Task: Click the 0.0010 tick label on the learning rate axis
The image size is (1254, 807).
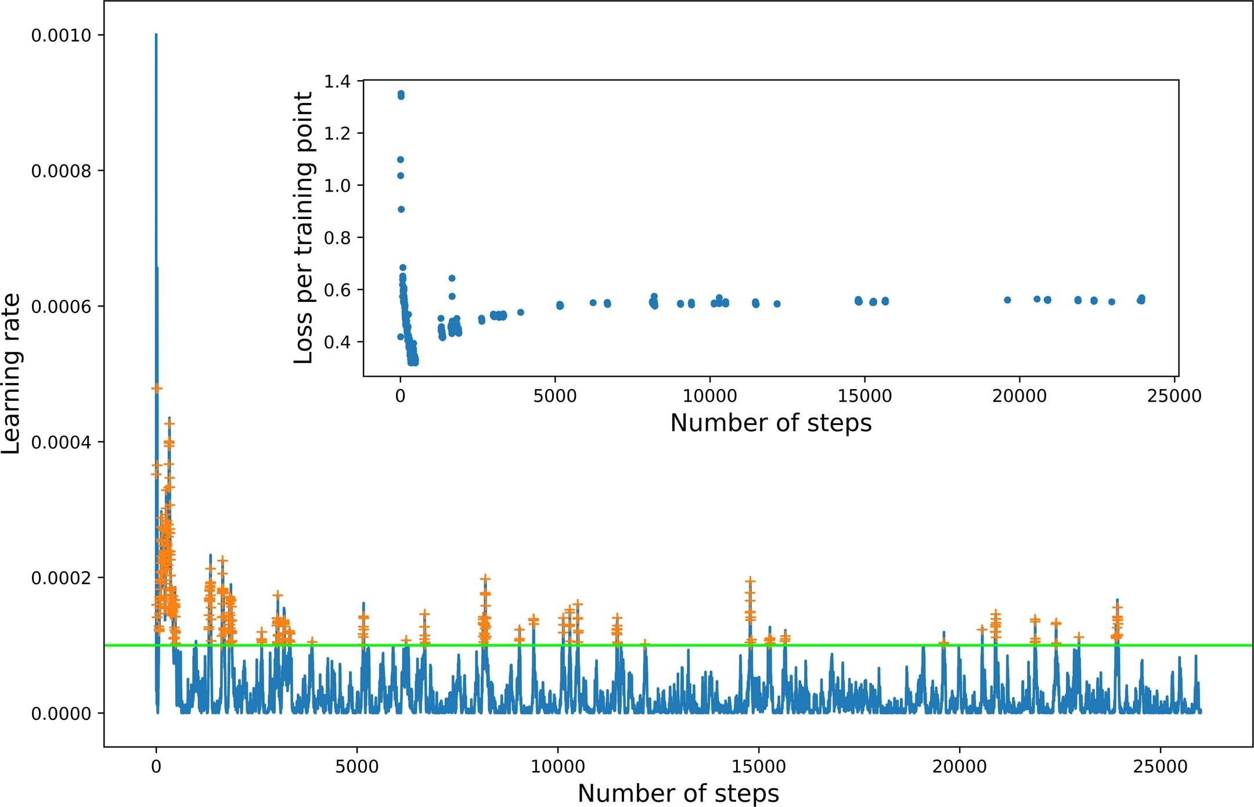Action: click(61, 35)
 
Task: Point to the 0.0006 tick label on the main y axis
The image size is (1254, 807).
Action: click(61, 307)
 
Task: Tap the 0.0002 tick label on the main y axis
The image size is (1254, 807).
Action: click(61, 578)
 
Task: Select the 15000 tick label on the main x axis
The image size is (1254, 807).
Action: click(758, 766)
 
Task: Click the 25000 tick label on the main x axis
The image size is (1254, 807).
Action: click(1160, 766)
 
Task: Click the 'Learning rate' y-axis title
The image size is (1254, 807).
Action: click(12, 373)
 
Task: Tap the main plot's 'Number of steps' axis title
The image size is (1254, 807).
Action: click(678, 793)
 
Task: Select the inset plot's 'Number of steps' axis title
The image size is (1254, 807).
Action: click(770, 423)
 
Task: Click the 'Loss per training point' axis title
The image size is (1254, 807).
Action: click(304, 228)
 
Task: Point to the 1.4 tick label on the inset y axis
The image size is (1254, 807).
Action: click(337, 81)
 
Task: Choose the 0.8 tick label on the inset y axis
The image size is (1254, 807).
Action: click(337, 237)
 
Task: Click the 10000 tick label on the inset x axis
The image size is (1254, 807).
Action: click(709, 396)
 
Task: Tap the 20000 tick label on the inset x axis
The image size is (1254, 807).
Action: click(1019, 396)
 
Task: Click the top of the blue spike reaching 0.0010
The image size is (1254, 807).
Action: click(156, 35)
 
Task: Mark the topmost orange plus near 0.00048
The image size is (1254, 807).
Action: click(156, 388)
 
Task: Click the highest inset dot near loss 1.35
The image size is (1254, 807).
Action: click(401, 93)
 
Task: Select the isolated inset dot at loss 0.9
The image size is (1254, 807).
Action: click(401, 209)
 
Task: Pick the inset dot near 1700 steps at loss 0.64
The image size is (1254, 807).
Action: click(452, 278)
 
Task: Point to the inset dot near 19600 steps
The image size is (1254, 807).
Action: click(1007, 300)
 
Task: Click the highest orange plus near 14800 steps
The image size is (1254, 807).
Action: click(750, 581)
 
